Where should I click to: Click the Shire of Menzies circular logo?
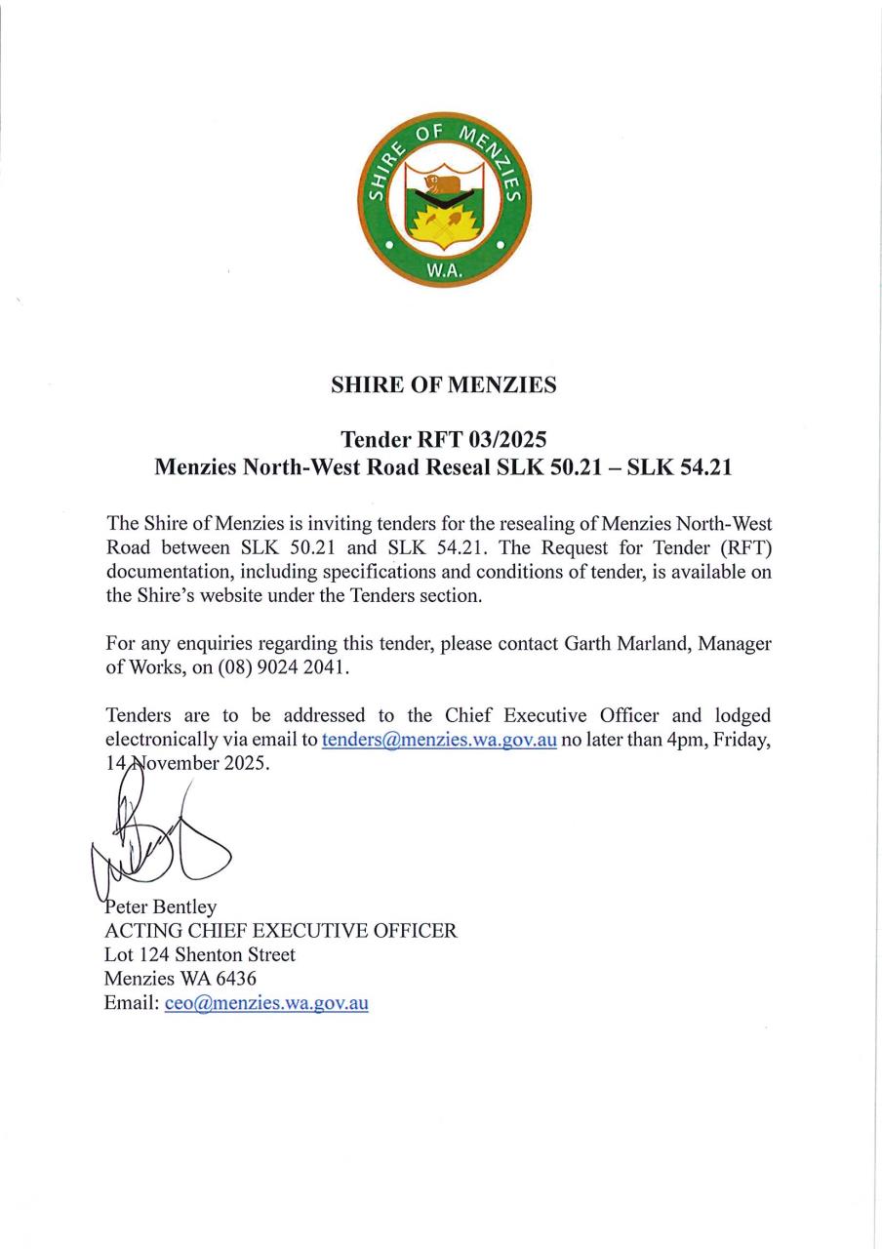pyautogui.click(x=444, y=200)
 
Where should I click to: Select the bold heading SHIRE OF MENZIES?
pyautogui.click(x=444, y=385)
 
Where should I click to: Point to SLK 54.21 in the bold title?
pyautogui.click(x=679, y=467)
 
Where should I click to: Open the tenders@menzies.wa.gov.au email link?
pyautogui.click(x=439, y=740)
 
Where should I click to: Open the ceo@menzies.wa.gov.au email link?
pyautogui.click(x=266, y=1003)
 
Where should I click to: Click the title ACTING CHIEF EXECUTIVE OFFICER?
pyautogui.click(x=280, y=931)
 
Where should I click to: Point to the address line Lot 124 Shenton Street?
pyautogui.click(x=200, y=955)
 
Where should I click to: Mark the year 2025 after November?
pyautogui.click(x=244, y=764)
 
